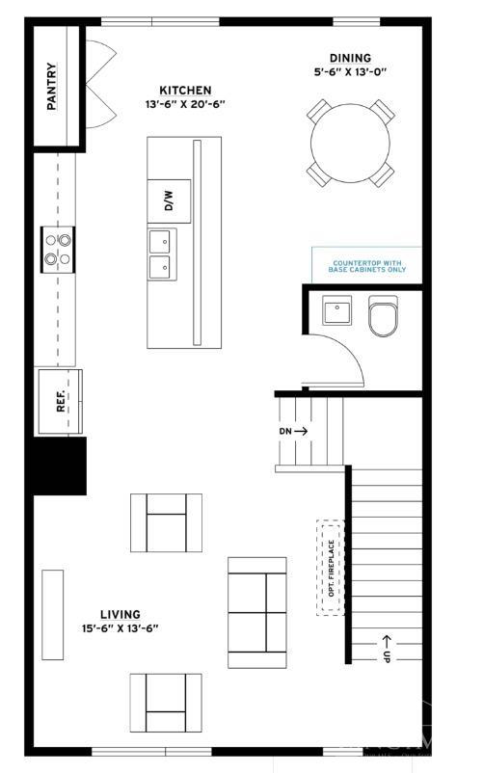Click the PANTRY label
51,86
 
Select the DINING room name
349,58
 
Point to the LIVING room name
121,614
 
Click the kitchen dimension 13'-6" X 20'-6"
185,104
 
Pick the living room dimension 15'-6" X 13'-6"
121,627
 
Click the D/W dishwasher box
169,201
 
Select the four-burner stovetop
58,249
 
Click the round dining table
351,143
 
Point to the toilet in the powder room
383,316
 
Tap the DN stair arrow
293,431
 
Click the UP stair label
387,647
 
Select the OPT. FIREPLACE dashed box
330,568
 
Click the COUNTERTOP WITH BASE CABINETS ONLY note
367,266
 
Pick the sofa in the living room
256,612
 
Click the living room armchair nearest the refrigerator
166,522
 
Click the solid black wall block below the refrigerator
60,466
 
